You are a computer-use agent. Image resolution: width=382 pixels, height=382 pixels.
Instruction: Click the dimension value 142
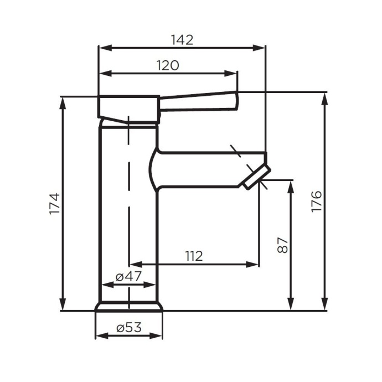(182, 40)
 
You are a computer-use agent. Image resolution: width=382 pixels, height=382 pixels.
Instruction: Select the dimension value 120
(167, 65)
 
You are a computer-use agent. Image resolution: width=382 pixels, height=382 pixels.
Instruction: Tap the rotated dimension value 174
(54, 204)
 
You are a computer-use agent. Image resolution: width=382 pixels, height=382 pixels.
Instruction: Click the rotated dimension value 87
(282, 245)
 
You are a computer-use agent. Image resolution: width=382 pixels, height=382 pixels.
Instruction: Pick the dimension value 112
(193, 256)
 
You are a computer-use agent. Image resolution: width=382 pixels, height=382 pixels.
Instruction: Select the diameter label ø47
(128, 276)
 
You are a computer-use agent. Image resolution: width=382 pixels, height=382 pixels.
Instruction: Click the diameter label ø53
(129, 327)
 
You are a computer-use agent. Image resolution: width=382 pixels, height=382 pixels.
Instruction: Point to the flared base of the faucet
(130, 306)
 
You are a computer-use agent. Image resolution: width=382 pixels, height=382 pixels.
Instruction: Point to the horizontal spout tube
(205, 168)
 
